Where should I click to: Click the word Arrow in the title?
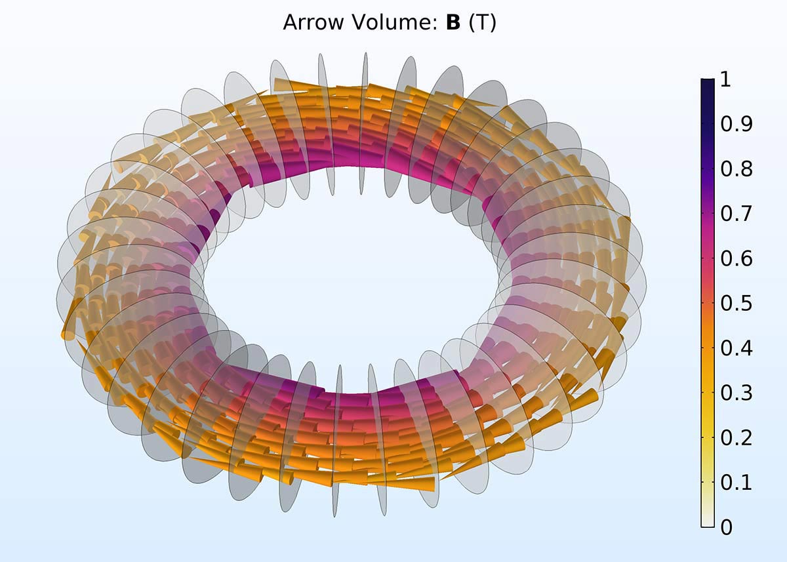[x=313, y=22]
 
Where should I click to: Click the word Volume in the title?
[x=394, y=22]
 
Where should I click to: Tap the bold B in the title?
[x=453, y=22]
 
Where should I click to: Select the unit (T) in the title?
[x=483, y=23]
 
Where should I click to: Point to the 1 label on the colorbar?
[x=725, y=79]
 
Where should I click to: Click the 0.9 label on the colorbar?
[x=736, y=124]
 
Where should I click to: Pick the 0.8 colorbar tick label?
[x=736, y=169]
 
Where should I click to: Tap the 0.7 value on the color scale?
[x=736, y=214]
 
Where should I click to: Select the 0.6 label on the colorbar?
[x=736, y=258]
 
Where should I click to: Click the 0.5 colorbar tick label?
[x=736, y=303]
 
